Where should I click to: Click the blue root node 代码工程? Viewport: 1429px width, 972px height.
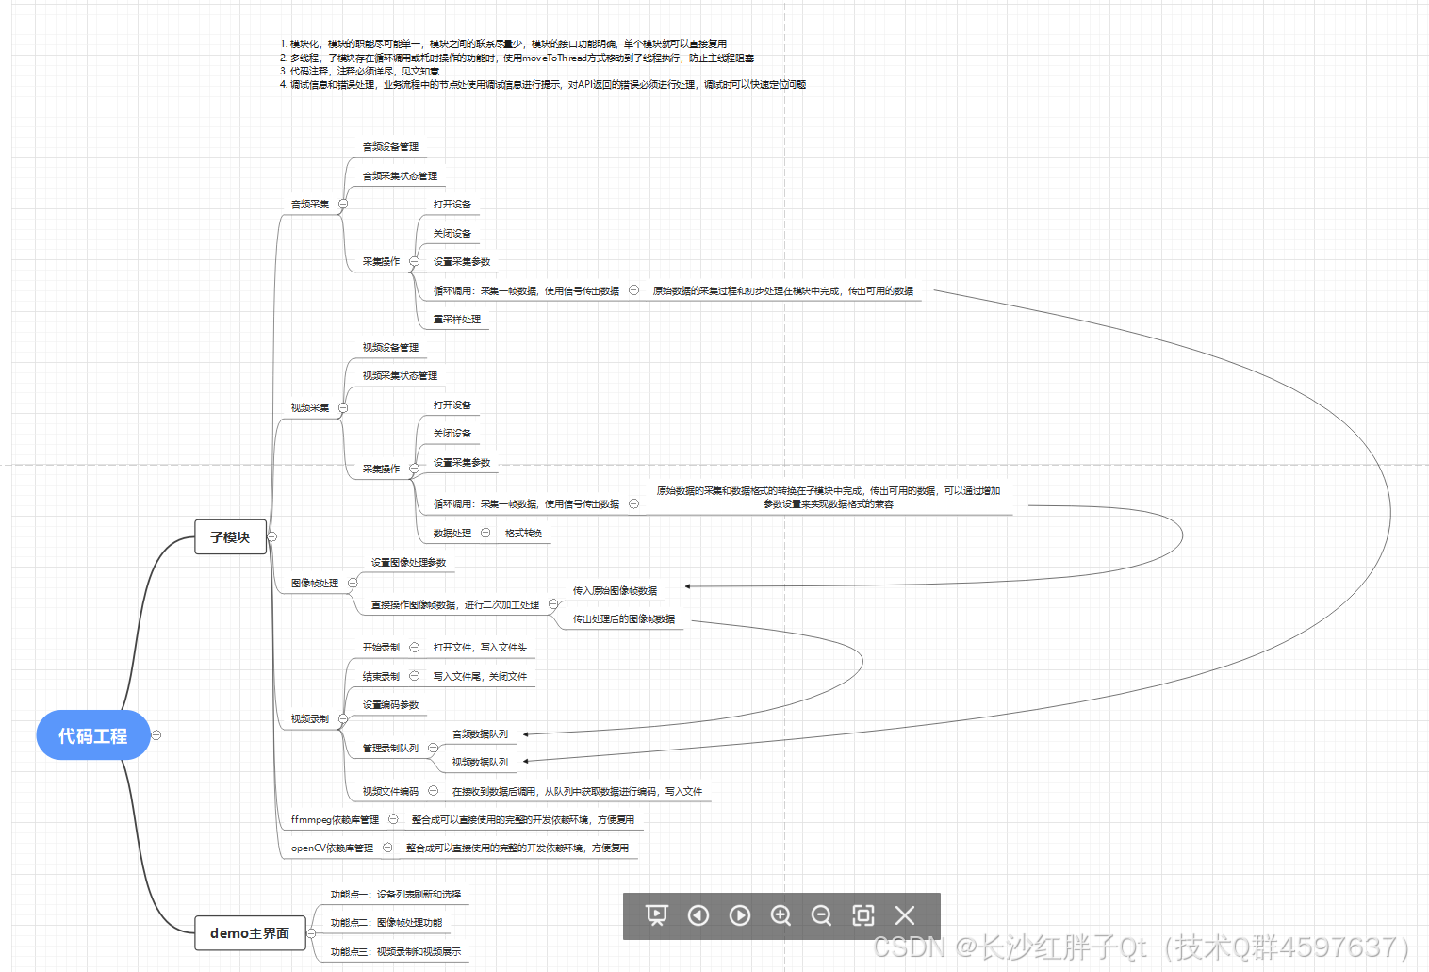(92, 735)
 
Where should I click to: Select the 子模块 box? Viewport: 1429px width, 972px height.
(230, 536)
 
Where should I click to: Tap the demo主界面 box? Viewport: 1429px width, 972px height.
(250, 932)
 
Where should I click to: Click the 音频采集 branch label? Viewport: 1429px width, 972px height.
(310, 204)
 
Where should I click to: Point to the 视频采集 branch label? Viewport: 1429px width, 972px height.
(310, 407)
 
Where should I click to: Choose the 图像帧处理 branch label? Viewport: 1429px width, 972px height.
(315, 583)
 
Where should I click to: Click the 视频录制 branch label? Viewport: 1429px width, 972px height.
(310, 718)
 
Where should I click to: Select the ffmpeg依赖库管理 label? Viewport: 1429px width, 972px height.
(335, 819)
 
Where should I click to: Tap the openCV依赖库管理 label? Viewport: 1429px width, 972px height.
(332, 848)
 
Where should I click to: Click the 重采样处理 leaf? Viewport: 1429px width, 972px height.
(457, 319)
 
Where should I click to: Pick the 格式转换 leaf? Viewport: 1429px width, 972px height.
(523, 533)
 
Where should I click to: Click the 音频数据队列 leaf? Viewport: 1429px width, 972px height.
(480, 733)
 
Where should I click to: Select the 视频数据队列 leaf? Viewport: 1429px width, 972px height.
(480, 762)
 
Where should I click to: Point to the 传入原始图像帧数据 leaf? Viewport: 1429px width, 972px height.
(615, 590)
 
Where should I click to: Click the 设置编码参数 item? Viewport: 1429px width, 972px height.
(390, 704)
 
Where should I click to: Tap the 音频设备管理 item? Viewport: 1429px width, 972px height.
(390, 146)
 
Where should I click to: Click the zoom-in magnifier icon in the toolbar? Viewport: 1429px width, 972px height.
(780, 915)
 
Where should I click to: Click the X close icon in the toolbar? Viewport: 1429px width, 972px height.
(905, 915)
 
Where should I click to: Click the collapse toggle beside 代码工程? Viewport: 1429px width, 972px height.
(156, 735)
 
